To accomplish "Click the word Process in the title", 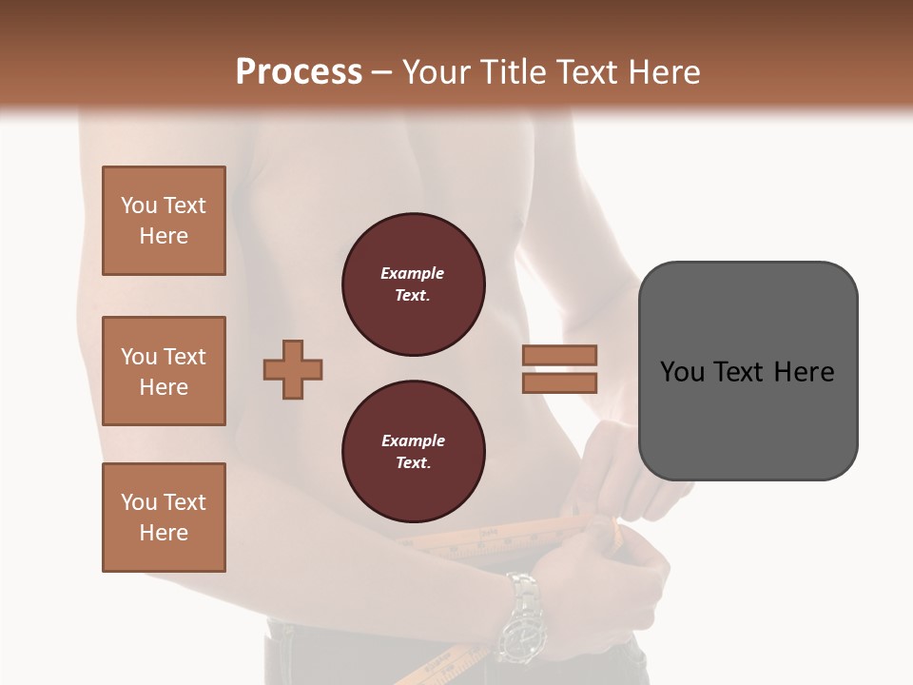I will click(x=299, y=71).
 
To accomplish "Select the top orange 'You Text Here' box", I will click(x=164, y=221).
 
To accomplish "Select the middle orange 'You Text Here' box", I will click(x=164, y=371).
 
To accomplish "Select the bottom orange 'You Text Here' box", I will click(x=164, y=518).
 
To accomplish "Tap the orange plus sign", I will click(x=293, y=369).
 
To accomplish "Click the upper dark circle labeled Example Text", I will click(x=413, y=284).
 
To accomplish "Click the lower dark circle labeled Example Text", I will click(x=413, y=451).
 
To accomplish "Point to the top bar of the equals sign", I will click(x=559, y=355).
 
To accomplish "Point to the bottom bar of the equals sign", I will click(x=559, y=382).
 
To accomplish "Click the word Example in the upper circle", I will click(x=413, y=273).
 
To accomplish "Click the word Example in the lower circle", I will click(x=413, y=440).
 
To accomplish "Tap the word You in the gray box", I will click(x=682, y=371).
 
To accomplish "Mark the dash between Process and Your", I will click(x=381, y=72).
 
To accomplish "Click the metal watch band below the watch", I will click(x=523, y=589).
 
